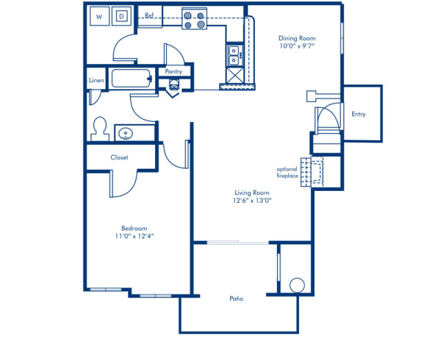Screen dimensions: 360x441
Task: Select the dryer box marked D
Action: [x=122, y=15]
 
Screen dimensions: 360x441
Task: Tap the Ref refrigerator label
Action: [x=149, y=15]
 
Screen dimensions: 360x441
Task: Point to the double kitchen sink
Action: [x=235, y=54]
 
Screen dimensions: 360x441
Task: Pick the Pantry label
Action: [x=174, y=71]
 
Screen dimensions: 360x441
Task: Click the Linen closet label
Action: [x=96, y=79]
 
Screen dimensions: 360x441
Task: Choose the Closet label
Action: [x=120, y=157]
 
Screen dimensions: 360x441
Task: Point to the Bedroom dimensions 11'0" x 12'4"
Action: [x=135, y=237]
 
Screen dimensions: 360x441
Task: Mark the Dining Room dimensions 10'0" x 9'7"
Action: [x=296, y=46]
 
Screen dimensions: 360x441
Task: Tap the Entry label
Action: [x=359, y=114]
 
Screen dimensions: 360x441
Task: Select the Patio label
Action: [x=236, y=298]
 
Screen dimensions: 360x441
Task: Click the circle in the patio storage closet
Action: [x=296, y=285]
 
